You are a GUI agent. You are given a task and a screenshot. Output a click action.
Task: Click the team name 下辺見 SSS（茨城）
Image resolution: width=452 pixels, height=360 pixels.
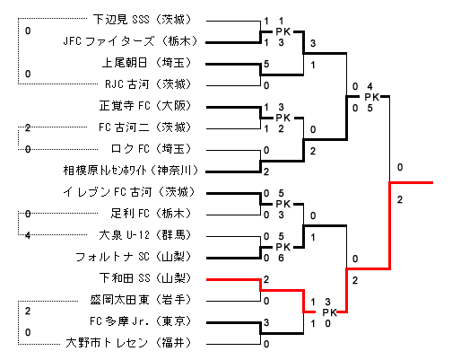click(142, 20)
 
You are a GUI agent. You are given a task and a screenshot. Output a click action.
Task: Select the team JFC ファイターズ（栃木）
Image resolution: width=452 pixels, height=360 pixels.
click(130, 41)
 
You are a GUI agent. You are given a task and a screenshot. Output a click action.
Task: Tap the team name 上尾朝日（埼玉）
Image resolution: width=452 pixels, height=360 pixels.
click(146, 63)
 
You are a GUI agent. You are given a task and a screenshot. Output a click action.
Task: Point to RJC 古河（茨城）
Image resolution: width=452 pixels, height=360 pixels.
click(148, 84)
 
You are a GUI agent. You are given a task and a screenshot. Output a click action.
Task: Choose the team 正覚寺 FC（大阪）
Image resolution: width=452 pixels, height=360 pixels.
click(145, 106)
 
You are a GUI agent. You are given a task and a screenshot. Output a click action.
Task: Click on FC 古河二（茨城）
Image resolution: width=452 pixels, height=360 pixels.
click(145, 127)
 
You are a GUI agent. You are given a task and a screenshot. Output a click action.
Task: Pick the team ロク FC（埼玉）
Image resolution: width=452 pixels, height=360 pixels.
click(151, 149)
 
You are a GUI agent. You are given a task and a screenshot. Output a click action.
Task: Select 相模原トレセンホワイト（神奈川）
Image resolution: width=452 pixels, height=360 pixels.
click(131, 171)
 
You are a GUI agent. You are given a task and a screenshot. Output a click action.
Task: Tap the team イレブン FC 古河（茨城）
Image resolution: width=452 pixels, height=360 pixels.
click(129, 192)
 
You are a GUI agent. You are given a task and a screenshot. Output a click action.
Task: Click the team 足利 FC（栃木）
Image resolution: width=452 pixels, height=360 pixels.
click(151, 214)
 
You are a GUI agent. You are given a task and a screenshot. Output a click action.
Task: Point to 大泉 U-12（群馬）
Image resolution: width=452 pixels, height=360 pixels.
click(145, 235)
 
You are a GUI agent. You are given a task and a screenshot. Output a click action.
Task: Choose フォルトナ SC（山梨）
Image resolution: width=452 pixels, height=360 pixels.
click(134, 257)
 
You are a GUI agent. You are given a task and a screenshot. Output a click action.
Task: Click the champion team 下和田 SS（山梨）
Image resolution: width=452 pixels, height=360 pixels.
click(145, 278)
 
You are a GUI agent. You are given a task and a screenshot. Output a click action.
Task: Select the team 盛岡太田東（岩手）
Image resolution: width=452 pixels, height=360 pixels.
click(141, 300)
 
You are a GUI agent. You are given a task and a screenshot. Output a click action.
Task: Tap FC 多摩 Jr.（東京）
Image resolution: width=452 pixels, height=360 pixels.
click(141, 321)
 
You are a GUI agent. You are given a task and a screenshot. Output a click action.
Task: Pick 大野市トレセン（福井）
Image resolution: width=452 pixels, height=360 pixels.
click(128, 343)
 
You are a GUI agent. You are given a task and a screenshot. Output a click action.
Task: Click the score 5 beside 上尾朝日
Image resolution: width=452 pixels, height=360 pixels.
click(266, 64)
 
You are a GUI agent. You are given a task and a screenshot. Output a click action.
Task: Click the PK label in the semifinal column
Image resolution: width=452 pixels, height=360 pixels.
click(372, 97)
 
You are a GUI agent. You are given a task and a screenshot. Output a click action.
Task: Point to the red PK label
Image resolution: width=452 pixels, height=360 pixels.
click(330, 312)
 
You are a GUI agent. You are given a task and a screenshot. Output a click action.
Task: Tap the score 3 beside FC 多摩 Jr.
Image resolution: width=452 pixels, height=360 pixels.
click(266, 322)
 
